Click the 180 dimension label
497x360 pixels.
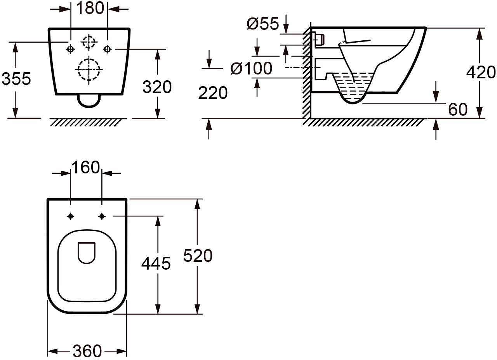[x=89, y=8]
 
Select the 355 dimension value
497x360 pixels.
[x=16, y=79]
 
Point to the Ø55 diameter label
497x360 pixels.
[x=263, y=24]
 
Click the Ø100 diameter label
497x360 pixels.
[x=251, y=69]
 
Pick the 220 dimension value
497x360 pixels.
[x=213, y=93]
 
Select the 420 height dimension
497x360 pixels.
[x=481, y=73]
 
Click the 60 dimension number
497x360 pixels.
[x=458, y=110]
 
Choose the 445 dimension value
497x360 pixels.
[x=156, y=264]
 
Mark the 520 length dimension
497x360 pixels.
[x=198, y=256]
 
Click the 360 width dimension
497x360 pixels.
[x=87, y=351]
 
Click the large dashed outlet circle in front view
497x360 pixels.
[x=89, y=69]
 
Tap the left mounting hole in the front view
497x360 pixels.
[x=71, y=49]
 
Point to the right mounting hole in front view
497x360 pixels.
[x=108, y=49]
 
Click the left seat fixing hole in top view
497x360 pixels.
[x=70, y=216]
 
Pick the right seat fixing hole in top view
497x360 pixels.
[x=102, y=216]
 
